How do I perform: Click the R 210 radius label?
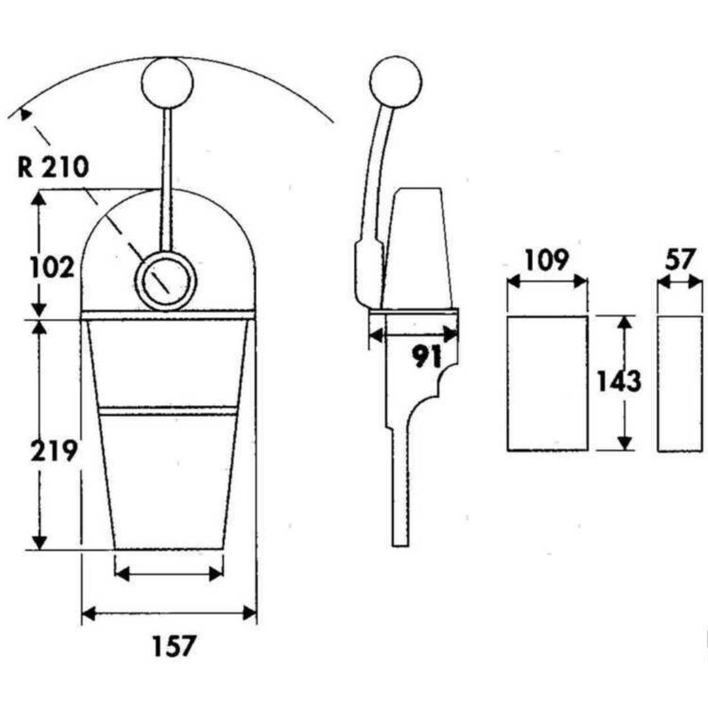[x=53, y=167]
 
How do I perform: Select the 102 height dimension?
[x=52, y=266]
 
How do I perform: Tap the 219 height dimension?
[x=54, y=450]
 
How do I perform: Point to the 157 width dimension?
[x=174, y=646]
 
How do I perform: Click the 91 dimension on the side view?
[x=427, y=356]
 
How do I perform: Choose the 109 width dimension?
[x=546, y=260]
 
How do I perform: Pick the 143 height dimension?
[x=619, y=381]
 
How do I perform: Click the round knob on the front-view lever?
[x=167, y=82]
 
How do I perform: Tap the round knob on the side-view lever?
[x=395, y=82]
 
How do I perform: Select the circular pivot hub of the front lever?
[x=166, y=281]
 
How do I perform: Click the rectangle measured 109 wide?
[x=547, y=383]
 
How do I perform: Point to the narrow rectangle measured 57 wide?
[x=680, y=383]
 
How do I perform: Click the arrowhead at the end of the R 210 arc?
[x=25, y=114]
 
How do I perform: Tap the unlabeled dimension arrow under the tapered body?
[x=169, y=574]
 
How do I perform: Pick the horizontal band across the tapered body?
[x=168, y=410]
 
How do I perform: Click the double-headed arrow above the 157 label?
[x=169, y=613]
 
